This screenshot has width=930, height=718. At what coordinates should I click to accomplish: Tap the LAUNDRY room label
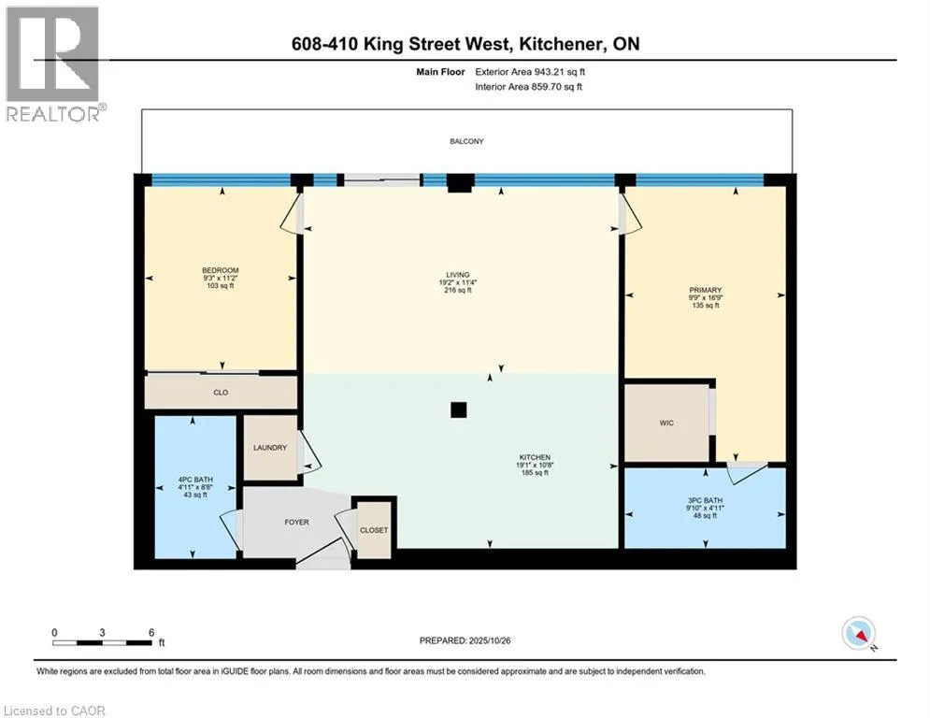coord(270,448)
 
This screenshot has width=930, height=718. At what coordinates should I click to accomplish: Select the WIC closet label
coord(666,424)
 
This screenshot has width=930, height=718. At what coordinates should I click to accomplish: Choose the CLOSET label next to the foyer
coord(374,530)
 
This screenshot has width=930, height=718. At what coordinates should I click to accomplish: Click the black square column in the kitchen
coord(458,409)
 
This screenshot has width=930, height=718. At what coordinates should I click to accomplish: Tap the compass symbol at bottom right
coord(858,634)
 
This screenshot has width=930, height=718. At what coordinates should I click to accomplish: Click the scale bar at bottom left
coord(103,642)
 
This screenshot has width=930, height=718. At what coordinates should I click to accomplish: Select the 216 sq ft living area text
coord(457,291)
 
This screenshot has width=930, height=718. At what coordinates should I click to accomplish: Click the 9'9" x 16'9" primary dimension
coord(706,298)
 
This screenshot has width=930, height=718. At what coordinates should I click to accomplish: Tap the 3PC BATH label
coord(706,500)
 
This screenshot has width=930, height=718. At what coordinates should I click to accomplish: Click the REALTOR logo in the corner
coord(53,64)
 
